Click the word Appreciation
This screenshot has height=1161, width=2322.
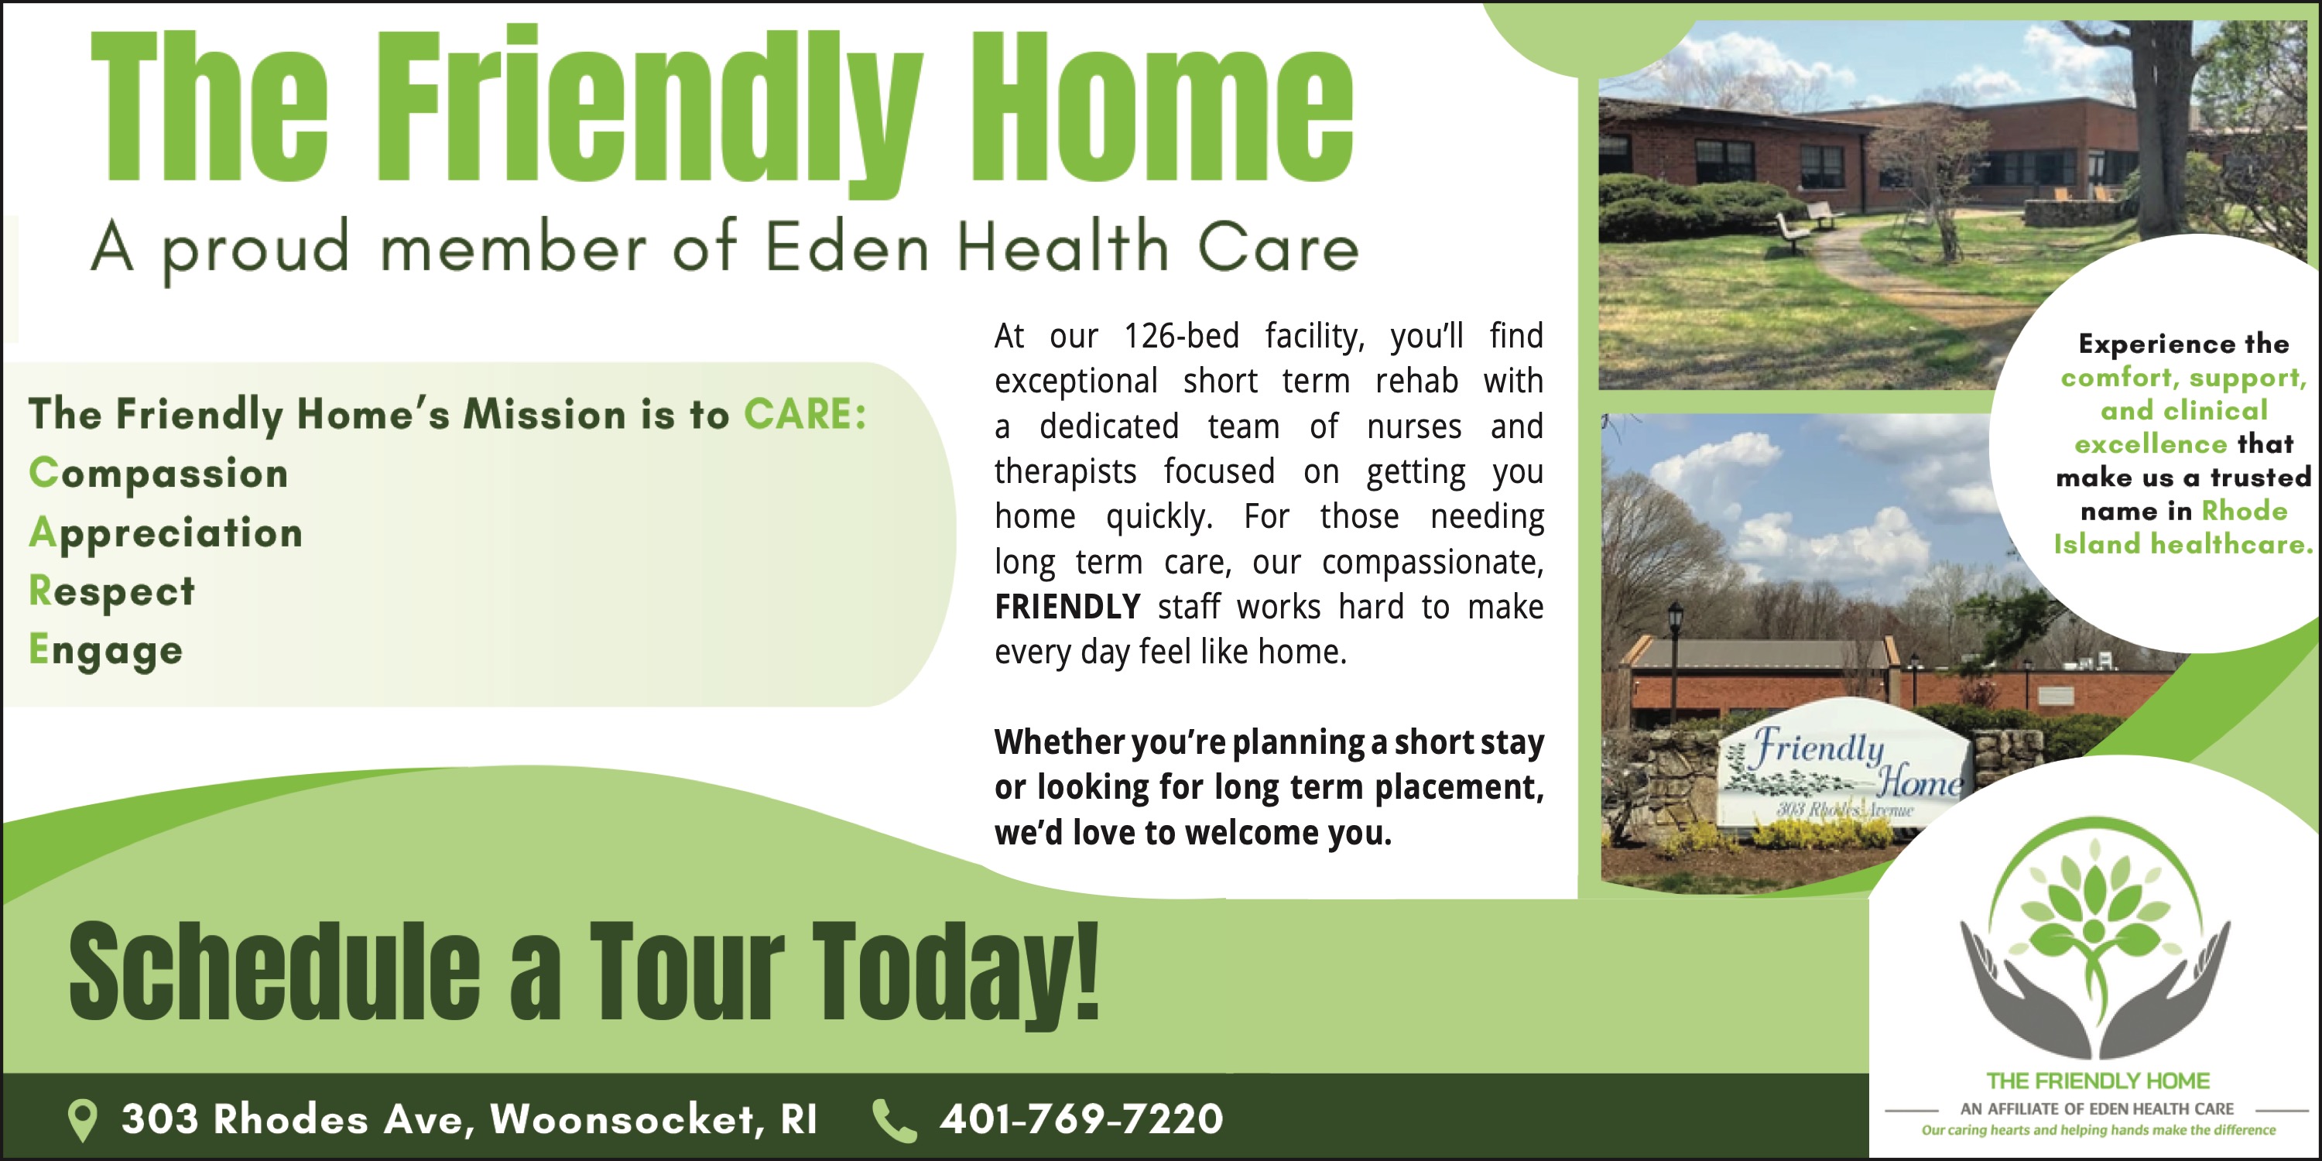(x=166, y=533)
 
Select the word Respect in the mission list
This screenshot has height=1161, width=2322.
(x=111, y=591)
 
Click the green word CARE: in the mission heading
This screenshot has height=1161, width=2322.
(x=805, y=415)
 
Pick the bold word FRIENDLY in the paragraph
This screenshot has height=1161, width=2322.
(x=1067, y=607)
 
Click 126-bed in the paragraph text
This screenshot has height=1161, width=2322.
(x=1181, y=335)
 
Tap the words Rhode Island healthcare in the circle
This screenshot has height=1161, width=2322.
(x=2184, y=527)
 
